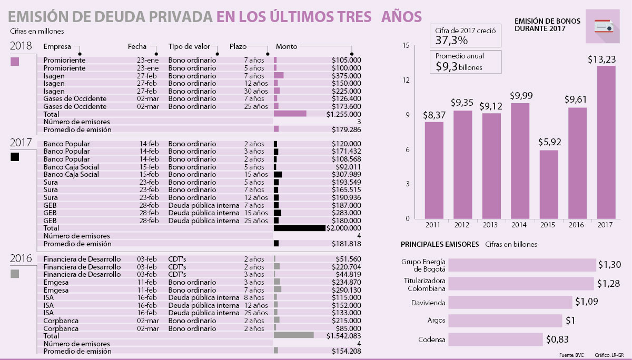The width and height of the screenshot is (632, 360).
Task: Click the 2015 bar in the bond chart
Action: coord(548,184)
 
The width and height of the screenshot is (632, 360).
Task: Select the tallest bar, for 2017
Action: coord(606,142)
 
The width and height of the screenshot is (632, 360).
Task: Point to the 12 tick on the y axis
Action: coord(406,81)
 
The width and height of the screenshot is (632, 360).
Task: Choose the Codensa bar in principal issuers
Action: coord(496,339)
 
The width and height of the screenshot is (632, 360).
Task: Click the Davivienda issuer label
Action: coord(428,303)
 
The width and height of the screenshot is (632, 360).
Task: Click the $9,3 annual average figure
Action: coord(446,66)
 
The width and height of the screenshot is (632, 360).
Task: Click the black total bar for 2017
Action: coord(299,228)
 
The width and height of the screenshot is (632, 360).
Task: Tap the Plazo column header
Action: coord(238,46)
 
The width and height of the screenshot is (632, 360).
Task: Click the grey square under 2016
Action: coord(15,274)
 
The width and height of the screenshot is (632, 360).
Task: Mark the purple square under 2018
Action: coord(15,61)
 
